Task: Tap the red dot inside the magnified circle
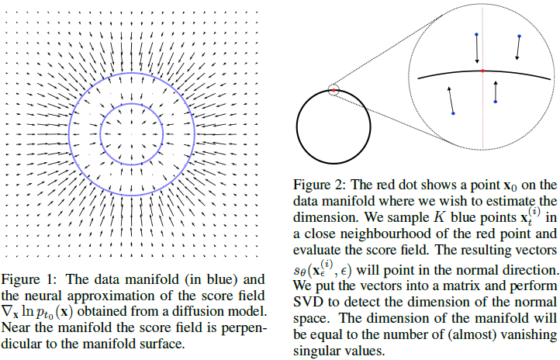482,71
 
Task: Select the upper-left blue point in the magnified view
476,34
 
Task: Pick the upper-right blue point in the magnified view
520,36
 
